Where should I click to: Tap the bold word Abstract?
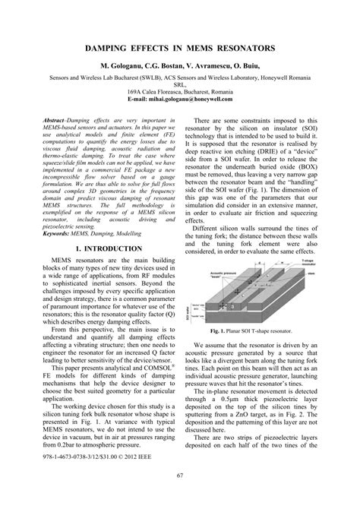coord(58,121)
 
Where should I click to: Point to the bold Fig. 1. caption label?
coord(224,332)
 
